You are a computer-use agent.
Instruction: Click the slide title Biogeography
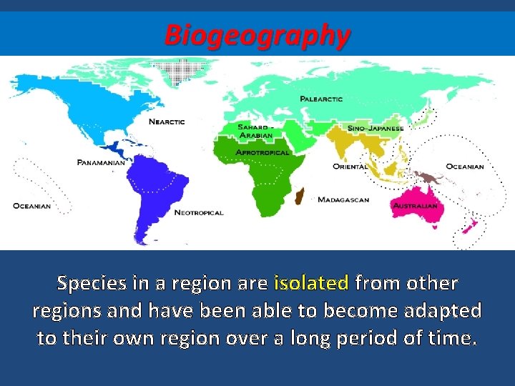click(257, 34)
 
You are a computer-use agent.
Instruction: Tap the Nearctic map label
click(166, 122)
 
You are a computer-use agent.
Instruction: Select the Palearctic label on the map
click(321, 99)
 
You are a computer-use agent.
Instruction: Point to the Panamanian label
click(101, 162)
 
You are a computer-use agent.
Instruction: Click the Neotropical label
click(199, 212)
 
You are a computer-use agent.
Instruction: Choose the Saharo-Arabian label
click(255, 132)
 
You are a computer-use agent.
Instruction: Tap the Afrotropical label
click(262, 152)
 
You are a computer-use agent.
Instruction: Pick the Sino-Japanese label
click(376, 128)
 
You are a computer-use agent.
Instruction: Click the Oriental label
click(350, 167)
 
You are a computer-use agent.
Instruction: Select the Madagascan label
click(343, 200)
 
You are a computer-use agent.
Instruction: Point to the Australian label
click(414, 206)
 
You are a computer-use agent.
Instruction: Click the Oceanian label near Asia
click(465, 167)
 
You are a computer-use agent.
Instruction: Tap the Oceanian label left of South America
click(31, 206)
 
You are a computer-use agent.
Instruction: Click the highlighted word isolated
click(311, 284)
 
